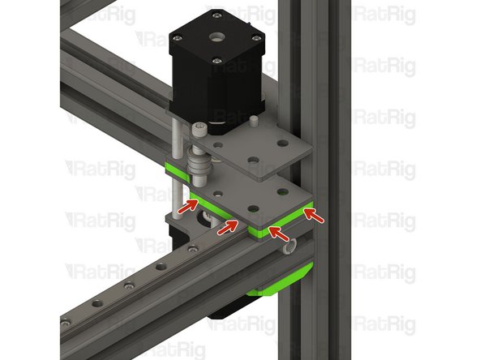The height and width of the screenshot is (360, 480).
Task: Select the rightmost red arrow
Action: (312, 215)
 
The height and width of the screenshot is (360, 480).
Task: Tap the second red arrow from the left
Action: (226, 227)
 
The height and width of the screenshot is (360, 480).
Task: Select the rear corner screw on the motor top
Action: (215, 15)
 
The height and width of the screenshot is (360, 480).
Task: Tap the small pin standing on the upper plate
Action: (254, 121)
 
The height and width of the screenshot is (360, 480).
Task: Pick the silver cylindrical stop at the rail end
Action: (293, 242)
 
